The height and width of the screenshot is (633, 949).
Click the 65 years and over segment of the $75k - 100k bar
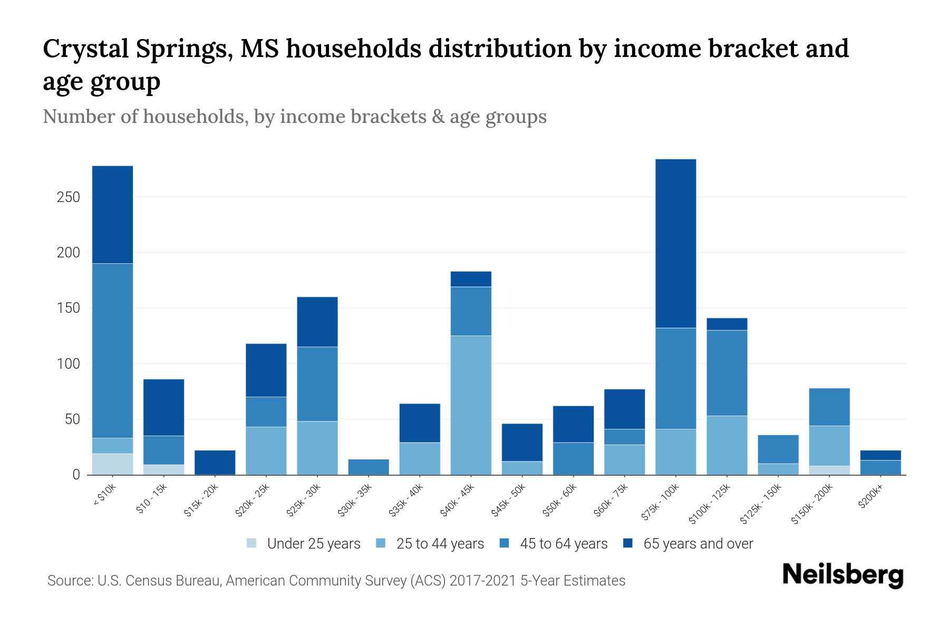[x=675, y=243]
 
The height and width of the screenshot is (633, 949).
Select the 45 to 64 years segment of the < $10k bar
[x=112, y=350]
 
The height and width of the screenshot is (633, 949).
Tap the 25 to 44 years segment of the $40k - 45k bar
[x=471, y=405]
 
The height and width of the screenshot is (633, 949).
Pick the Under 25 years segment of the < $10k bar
[x=112, y=464]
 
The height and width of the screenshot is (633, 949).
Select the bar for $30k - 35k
[x=369, y=467]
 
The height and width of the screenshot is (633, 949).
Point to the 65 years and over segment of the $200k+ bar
[x=880, y=455]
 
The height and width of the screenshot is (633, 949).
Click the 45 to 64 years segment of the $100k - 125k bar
[x=727, y=373]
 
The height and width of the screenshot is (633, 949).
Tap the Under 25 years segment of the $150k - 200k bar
[x=829, y=470]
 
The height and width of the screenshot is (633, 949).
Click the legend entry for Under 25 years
[x=314, y=544]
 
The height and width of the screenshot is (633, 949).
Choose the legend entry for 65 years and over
[x=698, y=544]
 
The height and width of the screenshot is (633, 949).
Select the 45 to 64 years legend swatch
[x=505, y=543]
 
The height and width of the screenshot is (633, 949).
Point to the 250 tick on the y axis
[x=69, y=197]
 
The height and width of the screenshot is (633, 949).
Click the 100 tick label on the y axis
[x=69, y=364]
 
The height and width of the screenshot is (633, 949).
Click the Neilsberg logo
[x=843, y=575]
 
